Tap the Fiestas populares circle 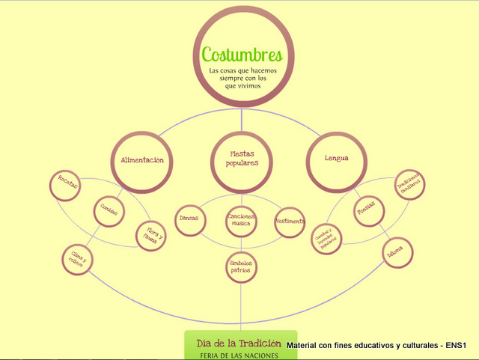click(242, 159)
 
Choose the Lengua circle click(336, 159)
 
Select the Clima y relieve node click(78, 260)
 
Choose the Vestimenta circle click(290, 222)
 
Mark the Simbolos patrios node click(241, 266)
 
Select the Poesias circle click(370, 211)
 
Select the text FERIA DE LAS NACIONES click(239, 355)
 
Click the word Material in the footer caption click(305, 346)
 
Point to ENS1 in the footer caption click(456, 346)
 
